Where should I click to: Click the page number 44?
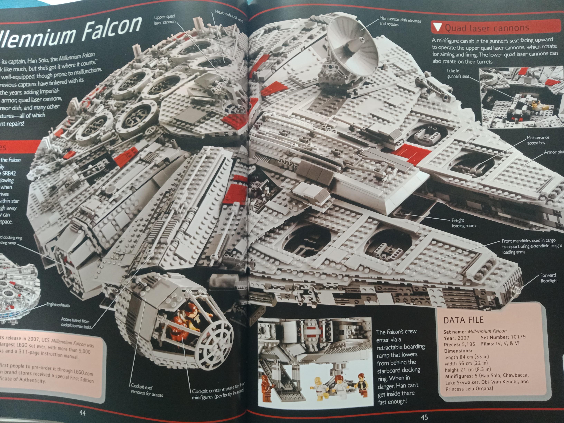(x=82, y=413)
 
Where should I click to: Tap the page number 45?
(x=424, y=417)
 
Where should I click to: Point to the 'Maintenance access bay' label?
(x=538, y=140)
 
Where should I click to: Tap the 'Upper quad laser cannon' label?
(x=164, y=19)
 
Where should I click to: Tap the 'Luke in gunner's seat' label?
(x=458, y=73)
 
